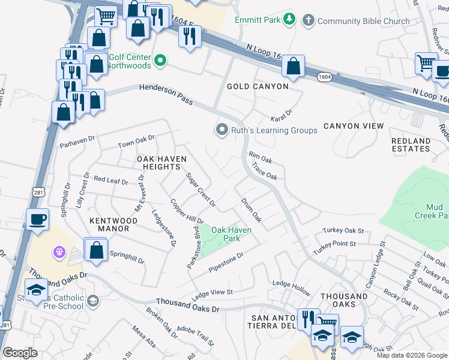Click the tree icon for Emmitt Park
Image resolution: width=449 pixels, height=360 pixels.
(289, 20)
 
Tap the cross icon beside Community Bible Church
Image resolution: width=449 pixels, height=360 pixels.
(309, 20)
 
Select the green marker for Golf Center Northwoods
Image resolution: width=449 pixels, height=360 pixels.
(160, 60)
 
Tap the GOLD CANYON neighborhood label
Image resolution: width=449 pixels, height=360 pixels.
(258, 86)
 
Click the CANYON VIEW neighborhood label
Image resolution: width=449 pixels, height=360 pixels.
(353, 126)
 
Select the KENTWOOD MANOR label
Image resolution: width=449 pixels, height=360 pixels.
(113, 224)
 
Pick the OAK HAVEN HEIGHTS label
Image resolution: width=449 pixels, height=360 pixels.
(162, 163)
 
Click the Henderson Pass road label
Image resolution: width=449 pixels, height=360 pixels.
(166, 94)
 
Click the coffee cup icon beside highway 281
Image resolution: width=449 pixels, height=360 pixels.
(38, 219)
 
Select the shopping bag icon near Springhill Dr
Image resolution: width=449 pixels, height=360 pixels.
(96, 250)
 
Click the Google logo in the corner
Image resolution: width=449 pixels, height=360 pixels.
(20, 353)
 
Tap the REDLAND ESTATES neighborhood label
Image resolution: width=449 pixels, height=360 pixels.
(411, 145)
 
